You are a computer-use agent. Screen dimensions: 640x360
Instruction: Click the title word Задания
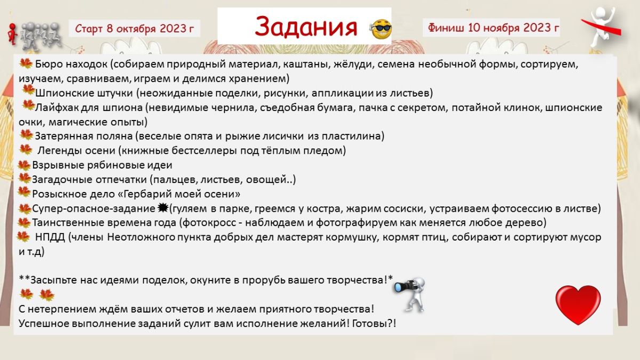pos(306,27)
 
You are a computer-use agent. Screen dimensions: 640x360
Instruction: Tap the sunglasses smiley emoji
pos(382,29)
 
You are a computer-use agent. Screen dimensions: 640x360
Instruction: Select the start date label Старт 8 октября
pos(134,29)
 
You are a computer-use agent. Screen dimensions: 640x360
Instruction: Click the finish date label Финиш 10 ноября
pos(493,28)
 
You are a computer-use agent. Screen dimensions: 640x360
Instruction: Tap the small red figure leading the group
pos(12,34)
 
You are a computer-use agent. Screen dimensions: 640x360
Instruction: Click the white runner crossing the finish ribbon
pos(602,27)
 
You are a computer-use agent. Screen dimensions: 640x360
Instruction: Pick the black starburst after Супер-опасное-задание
pos(163,209)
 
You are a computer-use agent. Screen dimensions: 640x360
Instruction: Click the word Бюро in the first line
pos(49,64)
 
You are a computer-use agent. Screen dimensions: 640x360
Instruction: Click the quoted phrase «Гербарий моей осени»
pos(179,194)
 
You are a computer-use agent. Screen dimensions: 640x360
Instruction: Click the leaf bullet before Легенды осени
pos(26,149)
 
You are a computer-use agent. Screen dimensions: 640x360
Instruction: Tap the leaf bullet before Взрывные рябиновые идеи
pos(24,165)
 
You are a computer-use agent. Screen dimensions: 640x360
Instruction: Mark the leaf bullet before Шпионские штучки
pos(28,90)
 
